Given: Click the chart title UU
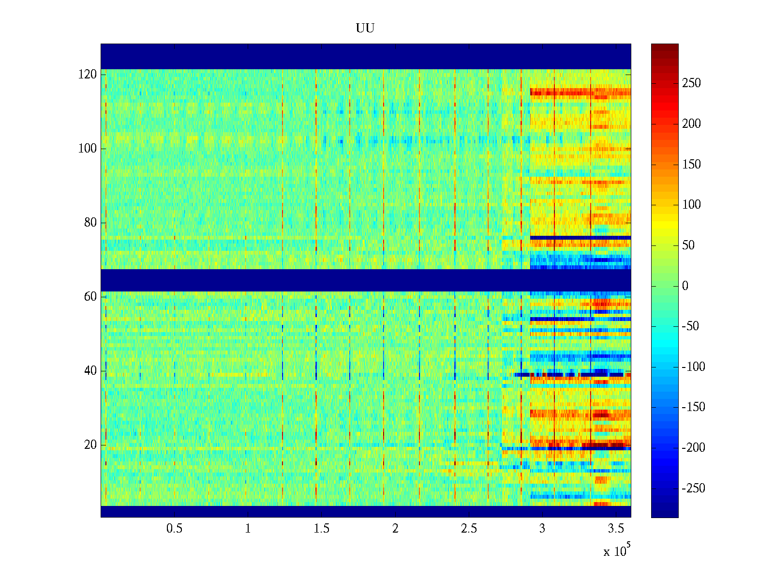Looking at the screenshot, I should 365,29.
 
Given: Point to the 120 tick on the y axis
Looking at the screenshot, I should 88,75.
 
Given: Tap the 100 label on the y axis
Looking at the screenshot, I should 88,149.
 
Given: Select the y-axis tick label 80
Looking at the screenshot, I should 90,223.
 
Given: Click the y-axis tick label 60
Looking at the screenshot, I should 90,297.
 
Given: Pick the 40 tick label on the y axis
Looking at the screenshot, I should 90,371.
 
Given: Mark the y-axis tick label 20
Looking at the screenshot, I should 90,445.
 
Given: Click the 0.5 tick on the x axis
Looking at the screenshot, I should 174,529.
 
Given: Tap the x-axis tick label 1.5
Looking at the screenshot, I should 321,529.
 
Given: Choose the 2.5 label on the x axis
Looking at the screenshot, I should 468,529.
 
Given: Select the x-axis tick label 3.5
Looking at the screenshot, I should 615,529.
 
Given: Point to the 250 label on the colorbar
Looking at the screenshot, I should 691,83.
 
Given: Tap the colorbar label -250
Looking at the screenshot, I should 693,488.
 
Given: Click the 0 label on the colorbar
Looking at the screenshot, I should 685,286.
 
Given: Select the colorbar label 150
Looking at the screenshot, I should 691,165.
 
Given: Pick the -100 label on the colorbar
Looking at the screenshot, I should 693,367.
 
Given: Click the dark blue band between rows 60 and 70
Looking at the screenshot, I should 365,280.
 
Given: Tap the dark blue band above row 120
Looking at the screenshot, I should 365,56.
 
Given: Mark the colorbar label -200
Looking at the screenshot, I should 693,447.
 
